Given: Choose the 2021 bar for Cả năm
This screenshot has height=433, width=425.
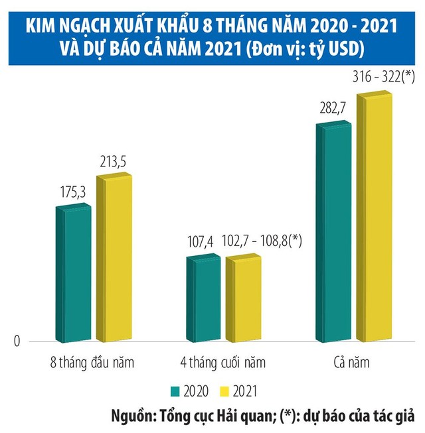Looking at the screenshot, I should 375,219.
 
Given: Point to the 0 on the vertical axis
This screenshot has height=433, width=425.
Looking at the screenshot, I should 18,341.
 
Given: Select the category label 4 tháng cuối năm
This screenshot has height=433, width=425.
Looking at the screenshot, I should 222,363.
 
